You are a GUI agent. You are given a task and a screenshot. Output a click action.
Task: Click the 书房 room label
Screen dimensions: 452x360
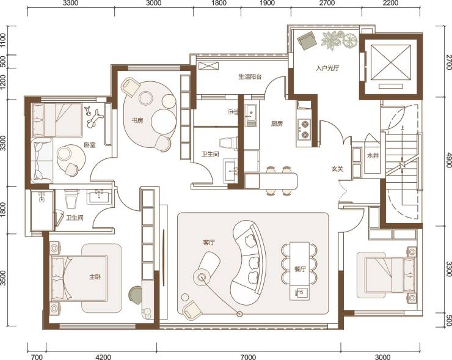pos(137,120)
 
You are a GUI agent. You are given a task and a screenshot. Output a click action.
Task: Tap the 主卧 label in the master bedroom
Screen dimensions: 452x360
pos(95,277)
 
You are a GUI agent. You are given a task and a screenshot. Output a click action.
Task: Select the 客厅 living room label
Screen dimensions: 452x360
pos(209,243)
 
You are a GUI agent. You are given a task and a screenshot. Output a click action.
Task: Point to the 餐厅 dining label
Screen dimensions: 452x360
pos(300,270)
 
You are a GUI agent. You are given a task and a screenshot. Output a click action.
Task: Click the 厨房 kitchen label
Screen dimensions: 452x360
pos(277,123)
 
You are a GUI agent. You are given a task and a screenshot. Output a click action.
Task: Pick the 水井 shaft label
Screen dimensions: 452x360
pos(373,156)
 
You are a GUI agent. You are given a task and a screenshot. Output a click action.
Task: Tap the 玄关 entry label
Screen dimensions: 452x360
pos(337,169)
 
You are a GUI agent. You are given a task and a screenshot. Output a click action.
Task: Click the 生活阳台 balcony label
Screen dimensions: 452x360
pos(250,77)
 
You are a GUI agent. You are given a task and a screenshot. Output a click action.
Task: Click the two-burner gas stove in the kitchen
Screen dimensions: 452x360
pos(304,129)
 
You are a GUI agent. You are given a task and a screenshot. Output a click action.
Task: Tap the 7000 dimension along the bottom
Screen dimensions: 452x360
pos(248,358)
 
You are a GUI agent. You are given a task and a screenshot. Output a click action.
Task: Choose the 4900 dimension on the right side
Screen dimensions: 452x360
pos(448,160)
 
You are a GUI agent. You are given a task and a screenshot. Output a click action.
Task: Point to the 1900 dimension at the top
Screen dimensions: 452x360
pos(267,3)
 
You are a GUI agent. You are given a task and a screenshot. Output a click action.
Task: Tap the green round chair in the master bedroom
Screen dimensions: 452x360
pos(136,295)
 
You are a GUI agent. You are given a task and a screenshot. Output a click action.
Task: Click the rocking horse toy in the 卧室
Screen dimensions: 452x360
pos(93,117)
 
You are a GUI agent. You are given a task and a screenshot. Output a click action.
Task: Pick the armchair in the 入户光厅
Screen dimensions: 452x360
pos(307,40)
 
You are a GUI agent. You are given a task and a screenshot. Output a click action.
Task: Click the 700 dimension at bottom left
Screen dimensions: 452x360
pos(37,358)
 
